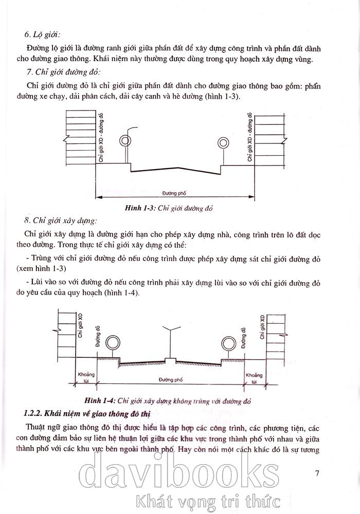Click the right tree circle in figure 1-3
point(223,142)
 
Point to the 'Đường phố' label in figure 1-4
point(170,379)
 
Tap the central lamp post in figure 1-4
point(168,342)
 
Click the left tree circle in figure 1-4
point(112,343)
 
